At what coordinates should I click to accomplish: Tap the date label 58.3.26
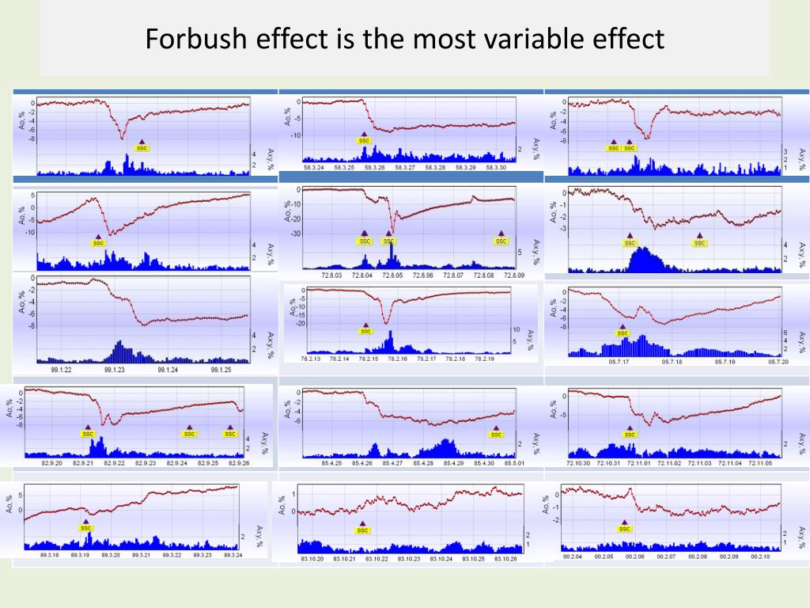[x=375, y=168]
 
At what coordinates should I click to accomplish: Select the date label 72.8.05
[x=393, y=275]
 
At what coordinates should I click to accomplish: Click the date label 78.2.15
[x=369, y=359]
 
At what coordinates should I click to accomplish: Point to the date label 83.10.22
[x=376, y=559]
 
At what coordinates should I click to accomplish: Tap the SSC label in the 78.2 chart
[x=365, y=332]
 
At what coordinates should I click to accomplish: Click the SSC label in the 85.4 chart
[x=496, y=434]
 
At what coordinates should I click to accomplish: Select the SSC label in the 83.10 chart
[x=362, y=530]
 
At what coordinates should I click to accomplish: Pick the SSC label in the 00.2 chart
[x=625, y=529]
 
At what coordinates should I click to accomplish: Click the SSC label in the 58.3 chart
[x=364, y=141]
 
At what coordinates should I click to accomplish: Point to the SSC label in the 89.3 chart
[x=86, y=528]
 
